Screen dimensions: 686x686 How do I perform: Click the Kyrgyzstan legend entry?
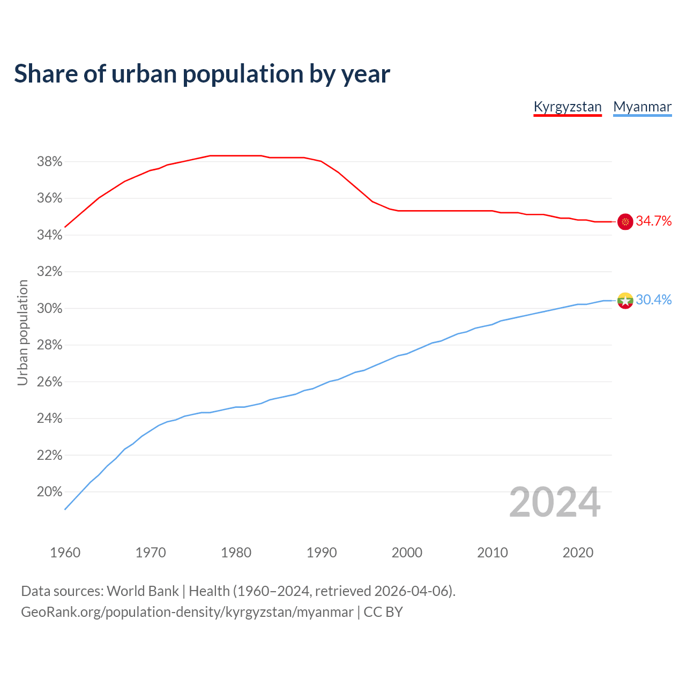click(x=568, y=107)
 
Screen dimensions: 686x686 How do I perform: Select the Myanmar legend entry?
click(x=642, y=107)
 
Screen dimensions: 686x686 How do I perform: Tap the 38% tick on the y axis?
click(x=49, y=162)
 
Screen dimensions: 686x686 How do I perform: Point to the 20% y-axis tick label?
click(x=49, y=492)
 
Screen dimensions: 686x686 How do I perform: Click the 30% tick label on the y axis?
click(x=49, y=309)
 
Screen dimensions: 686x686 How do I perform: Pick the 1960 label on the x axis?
click(x=65, y=553)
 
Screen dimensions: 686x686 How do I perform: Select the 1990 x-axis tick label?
click(x=322, y=553)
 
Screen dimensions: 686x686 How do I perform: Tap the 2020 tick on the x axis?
click(x=578, y=553)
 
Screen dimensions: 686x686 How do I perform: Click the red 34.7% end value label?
click(x=653, y=221)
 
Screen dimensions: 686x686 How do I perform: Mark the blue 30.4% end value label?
click(x=653, y=300)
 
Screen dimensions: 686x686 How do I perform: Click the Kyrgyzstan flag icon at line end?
click(x=625, y=221)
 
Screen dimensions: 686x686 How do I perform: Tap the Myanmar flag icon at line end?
click(x=625, y=300)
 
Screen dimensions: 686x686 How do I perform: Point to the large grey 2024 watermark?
click(x=555, y=502)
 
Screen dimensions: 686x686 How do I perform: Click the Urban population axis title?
click(x=23, y=332)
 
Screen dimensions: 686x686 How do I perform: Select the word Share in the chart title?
click(x=45, y=73)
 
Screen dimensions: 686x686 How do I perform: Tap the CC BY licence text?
click(x=383, y=612)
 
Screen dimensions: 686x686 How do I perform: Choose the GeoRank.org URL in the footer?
click(x=187, y=612)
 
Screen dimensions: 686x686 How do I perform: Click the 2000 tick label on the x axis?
click(x=407, y=553)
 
